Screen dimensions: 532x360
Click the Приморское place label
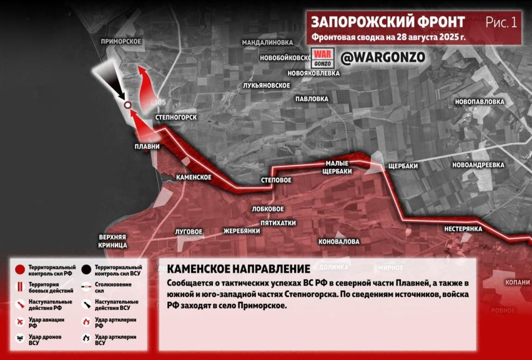click(121, 42)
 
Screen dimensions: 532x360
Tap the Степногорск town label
click(176, 117)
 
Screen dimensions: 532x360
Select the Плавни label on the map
click(147, 147)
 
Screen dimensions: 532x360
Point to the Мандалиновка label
click(267, 42)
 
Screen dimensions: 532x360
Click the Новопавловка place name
click(479, 102)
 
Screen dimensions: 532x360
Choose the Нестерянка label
click(463, 229)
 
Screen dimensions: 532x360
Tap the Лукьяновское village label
click(267, 85)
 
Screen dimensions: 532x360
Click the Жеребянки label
click(242, 231)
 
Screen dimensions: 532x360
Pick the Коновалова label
click(339, 241)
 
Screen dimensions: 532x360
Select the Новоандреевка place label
click(478, 165)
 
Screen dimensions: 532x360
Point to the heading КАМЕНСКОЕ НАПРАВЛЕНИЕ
click(238, 269)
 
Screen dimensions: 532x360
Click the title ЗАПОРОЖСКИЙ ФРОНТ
click(387, 22)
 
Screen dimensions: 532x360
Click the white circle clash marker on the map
click(127, 105)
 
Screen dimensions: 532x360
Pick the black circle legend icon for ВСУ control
click(86, 270)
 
